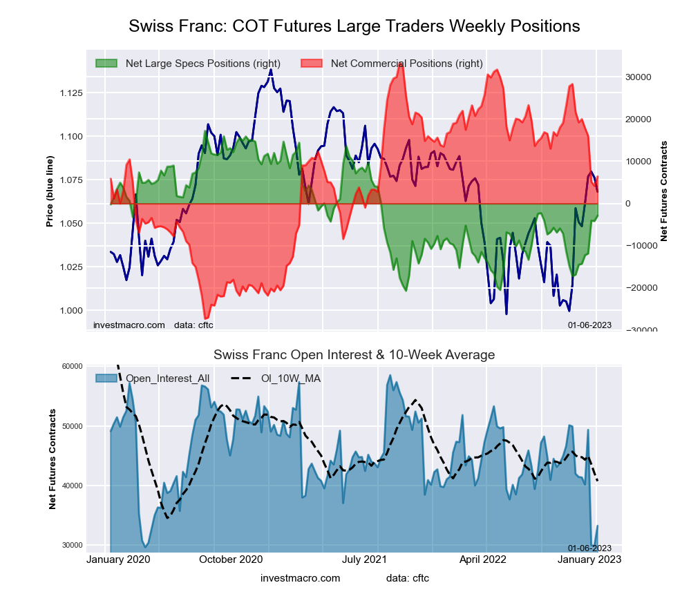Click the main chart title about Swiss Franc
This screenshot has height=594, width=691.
click(354, 26)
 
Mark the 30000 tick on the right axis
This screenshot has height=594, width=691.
click(643, 77)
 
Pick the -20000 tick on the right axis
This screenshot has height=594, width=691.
click(643, 288)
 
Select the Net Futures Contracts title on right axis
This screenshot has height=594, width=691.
click(665, 191)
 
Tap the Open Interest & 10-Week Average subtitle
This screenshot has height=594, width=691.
click(354, 355)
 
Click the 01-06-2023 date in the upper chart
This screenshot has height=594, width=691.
click(589, 325)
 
